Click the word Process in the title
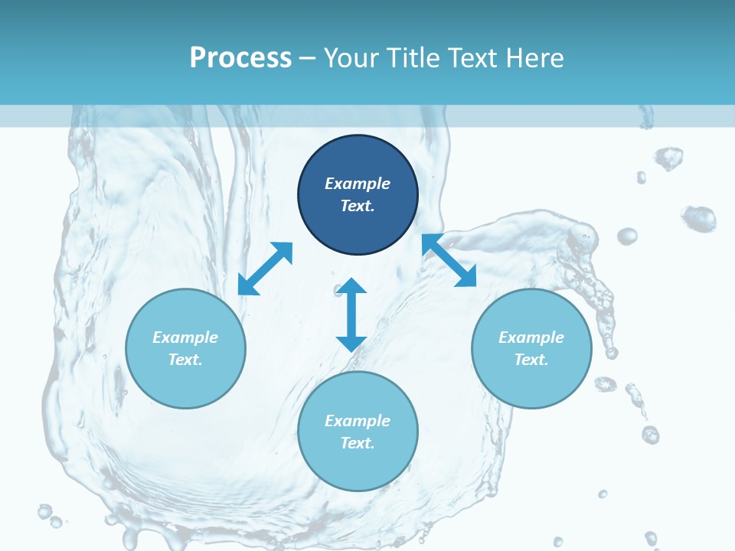click(240, 57)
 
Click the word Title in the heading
click(411, 57)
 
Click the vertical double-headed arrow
click(351, 315)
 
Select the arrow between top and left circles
click(265, 269)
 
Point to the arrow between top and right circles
click(449, 260)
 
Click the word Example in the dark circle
click(358, 184)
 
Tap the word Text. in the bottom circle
click(358, 443)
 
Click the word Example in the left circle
click(185, 337)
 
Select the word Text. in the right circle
click(531, 360)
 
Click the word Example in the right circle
click(531, 337)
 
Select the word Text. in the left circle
click(185, 360)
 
